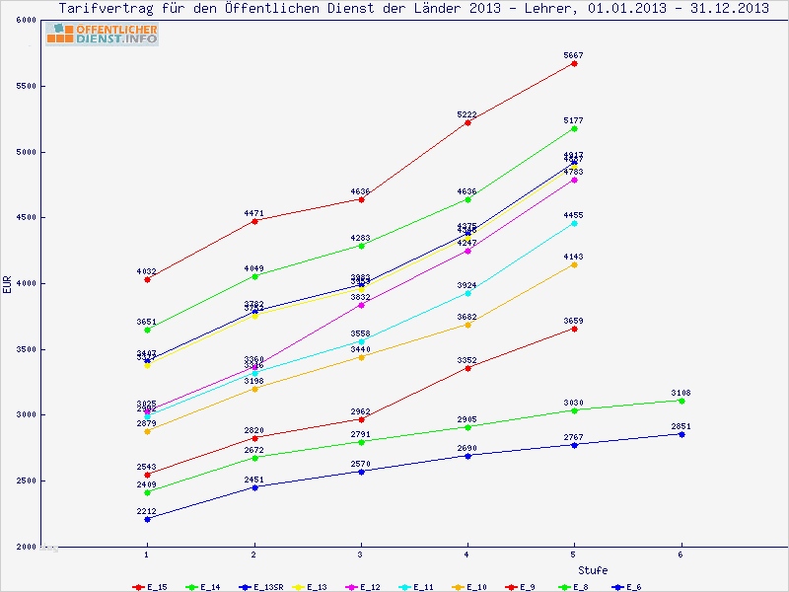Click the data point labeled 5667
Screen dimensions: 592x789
coord(574,63)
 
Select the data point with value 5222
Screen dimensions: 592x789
coord(467,122)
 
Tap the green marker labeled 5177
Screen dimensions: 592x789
coord(574,128)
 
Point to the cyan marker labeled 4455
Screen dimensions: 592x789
coord(574,223)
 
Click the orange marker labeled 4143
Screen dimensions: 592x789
coord(574,264)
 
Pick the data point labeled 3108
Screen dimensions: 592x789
coord(681,401)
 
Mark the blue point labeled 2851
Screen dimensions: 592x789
coord(681,434)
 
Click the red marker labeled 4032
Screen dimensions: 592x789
coord(147,279)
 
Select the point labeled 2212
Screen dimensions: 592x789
coord(147,518)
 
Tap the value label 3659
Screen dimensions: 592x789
coord(574,321)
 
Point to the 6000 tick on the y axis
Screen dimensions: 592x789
coord(26,21)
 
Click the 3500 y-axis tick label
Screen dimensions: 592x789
coord(26,349)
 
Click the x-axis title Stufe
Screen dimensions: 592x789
coord(592,570)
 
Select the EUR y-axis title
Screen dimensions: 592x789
coord(8,284)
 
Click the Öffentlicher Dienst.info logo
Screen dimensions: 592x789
coord(102,35)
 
